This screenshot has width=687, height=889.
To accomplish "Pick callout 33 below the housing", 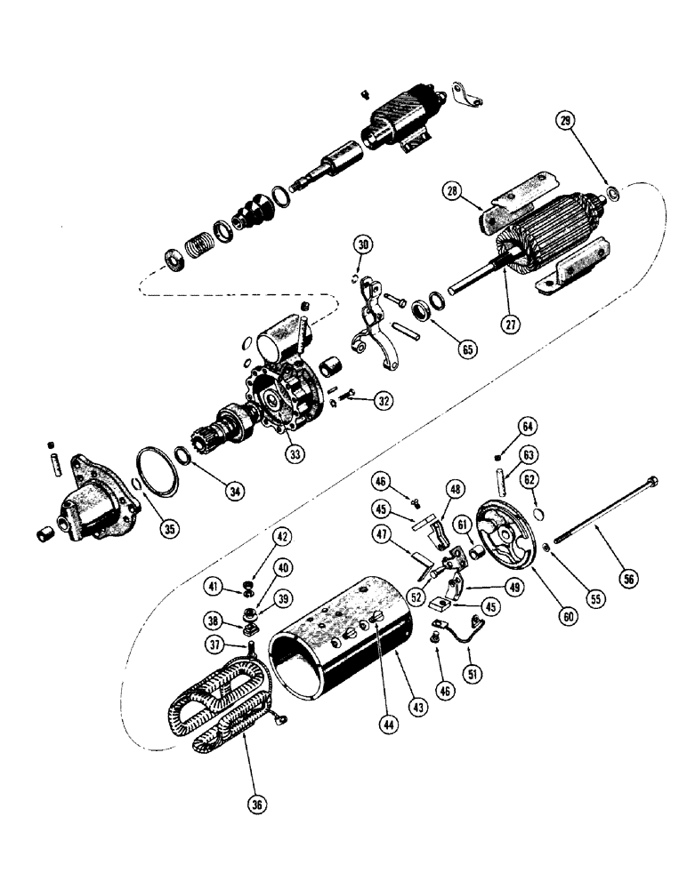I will pyautogui.click(x=294, y=453).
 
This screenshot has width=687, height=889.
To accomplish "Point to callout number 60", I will pyautogui.click(x=544, y=614).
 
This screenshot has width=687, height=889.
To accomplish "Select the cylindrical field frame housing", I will pyautogui.click(x=343, y=636).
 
